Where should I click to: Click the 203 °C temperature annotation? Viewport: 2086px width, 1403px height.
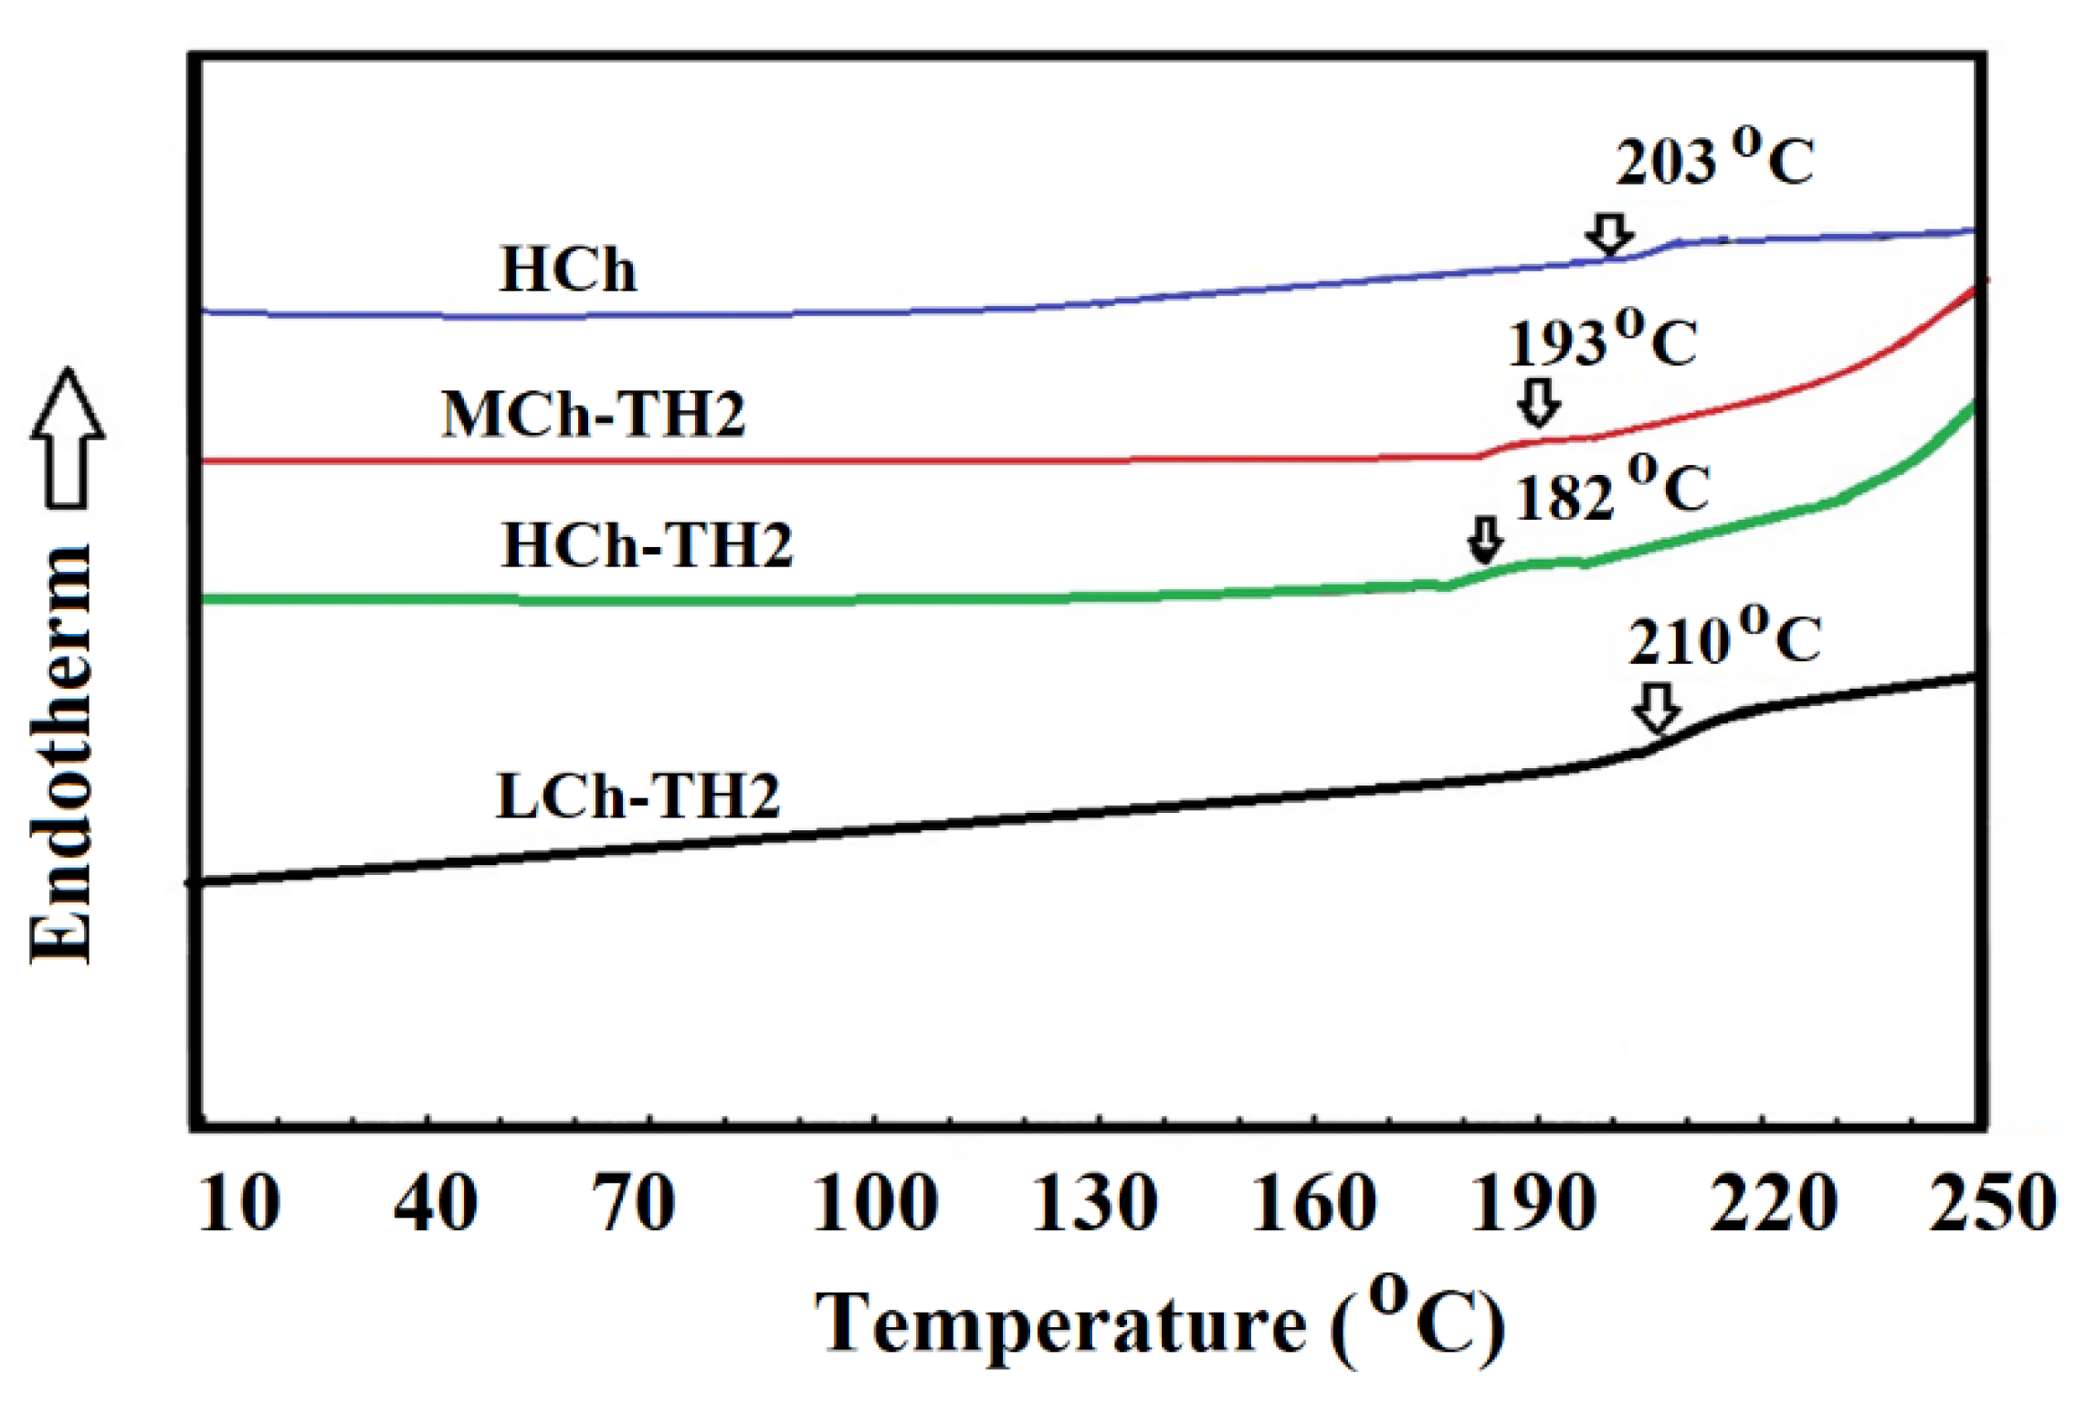tap(1713, 161)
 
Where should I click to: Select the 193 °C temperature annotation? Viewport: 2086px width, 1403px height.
tap(1601, 342)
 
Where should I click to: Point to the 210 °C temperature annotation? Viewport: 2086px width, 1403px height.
tap(1723, 638)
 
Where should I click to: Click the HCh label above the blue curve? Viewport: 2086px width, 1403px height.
tap(567, 270)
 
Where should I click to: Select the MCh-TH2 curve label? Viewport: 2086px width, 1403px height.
tap(593, 415)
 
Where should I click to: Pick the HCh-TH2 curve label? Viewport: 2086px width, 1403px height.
tap(647, 545)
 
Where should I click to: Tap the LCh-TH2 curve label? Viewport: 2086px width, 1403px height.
tap(637, 796)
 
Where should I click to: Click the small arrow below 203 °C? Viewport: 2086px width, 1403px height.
tap(1608, 235)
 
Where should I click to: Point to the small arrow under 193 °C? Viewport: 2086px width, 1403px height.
tap(1539, 403)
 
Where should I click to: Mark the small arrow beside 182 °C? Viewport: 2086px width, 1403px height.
tap(1486, 540)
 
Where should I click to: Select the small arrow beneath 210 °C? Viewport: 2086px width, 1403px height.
tap(1657, 707)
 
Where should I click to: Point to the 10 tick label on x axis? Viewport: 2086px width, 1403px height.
tap(239, 1204)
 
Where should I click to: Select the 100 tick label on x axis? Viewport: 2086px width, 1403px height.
tap(874, 1204)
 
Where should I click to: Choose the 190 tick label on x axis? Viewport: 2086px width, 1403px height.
tap(1533, 1204)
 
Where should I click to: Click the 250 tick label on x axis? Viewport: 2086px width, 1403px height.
tap(1992, 1204)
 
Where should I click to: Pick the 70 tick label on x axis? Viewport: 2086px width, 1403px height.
tap(635, 1204)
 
